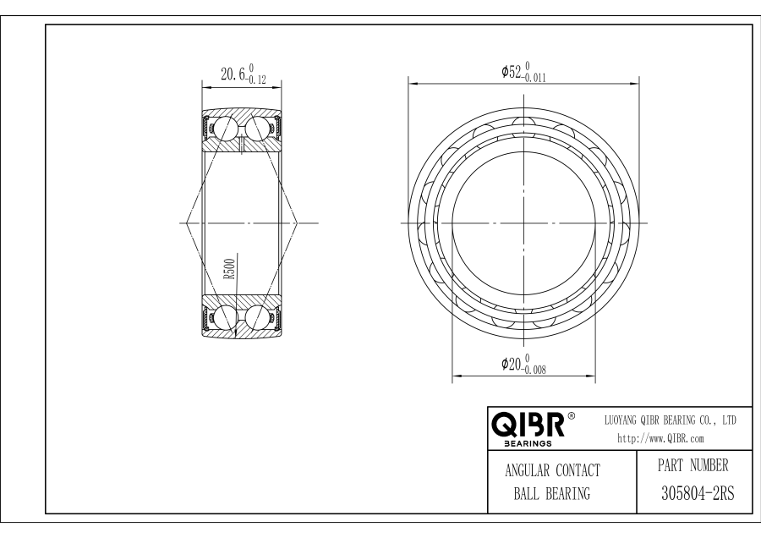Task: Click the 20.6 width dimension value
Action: pos(233,74)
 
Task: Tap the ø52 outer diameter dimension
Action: pos(512,73)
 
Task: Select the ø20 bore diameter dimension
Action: pos(512,364)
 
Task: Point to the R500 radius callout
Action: pos(229,269)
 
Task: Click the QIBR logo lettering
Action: pos(528,425)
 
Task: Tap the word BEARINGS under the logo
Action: pos(528,443)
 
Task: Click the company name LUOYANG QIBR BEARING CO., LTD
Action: pos(670,420)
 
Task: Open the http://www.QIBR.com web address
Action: pos(660,439)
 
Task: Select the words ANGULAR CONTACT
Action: pos(552,470)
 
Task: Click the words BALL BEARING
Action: pos(552,494)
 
